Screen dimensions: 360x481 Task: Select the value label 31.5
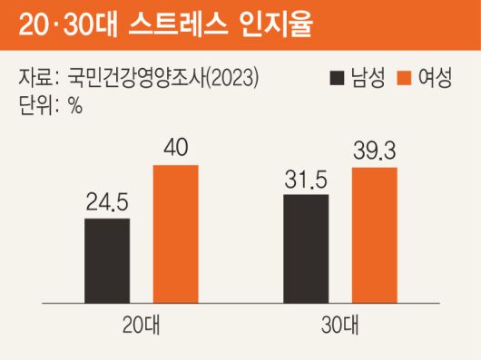pos(306,179)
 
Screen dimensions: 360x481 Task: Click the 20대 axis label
pos(141,324)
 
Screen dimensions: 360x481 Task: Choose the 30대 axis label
pos(340,324)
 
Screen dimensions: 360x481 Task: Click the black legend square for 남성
pos(338,79)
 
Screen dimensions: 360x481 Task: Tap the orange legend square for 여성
pos(403,79)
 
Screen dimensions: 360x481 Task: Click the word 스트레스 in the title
pos(198,24)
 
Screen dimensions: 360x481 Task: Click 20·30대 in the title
pos(77,24)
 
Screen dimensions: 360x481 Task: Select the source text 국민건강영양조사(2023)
pos(163,79)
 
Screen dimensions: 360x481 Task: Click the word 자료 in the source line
pos(35,79)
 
